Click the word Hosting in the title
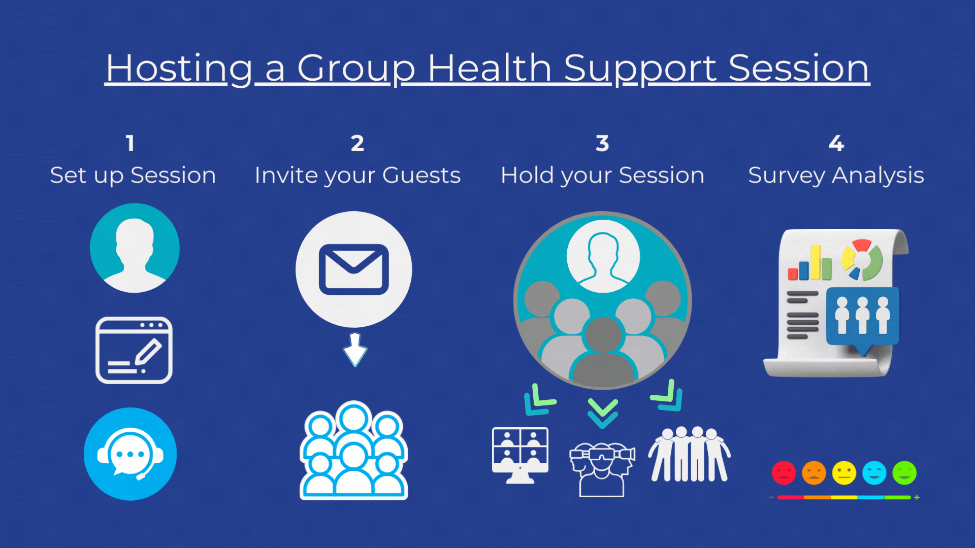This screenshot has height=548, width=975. pyautogui.click(x=179, y=68)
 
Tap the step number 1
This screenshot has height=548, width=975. pyautogui.click(x=130, y=143)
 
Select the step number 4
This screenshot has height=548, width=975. pyautogui.click(x=836, y=143)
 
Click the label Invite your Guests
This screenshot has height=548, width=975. pyautogui.click(x=357, y=176)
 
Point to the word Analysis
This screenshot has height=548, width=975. pyautogui.click(x=878, y=176)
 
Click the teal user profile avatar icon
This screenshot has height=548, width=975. pyautogui.click(x=135, y=248)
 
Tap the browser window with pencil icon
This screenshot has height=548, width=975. pyautogui.click(x=134, y=350)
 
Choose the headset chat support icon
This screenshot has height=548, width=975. pyautogui.click(x=131, y=454)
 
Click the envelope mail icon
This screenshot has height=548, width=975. pyautogui.click(x=354, y=269)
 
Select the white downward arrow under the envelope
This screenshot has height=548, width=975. pyautogui.click(x=355, y=350)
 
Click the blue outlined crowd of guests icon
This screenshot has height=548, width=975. pyautogui.click(x=354, y=451)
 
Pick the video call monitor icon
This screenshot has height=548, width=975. pyautogui.click(x=520, y=455)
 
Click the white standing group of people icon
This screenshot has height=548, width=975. pyautogui.click(x=689, y=454)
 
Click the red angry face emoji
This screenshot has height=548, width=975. pyautogui.click(x=784, y=473)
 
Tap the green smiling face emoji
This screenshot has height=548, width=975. pyautogui.click(x=904, y=473)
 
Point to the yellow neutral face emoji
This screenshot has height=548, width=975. pyautogui.click(x=844, y=473)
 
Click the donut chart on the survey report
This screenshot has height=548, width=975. pyautogui.click(x=862, y=260)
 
